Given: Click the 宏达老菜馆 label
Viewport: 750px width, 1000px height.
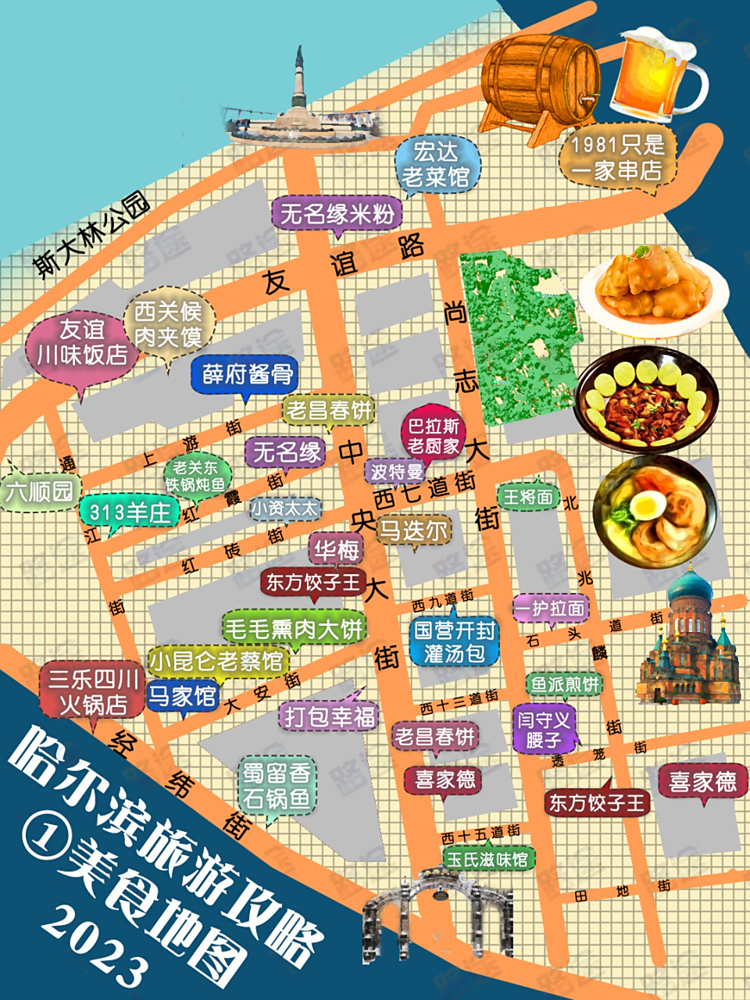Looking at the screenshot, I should coord(436,164).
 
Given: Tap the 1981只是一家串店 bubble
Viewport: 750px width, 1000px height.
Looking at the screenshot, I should coord(617,158).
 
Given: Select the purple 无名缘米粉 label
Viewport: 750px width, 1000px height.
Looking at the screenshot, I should coord(337,213).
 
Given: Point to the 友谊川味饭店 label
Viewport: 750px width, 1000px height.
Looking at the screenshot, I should coord(82,342).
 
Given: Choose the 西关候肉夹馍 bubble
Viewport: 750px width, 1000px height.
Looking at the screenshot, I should coord(168,324).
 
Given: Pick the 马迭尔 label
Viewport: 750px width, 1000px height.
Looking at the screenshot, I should coord(413,530).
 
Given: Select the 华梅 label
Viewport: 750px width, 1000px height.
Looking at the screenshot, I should coord(337,550).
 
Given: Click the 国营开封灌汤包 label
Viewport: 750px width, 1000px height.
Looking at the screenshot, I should coord(455,641).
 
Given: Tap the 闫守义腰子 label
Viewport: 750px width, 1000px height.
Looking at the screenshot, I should coord(544,729).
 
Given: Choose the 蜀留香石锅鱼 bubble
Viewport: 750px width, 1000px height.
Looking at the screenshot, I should coord(277,786).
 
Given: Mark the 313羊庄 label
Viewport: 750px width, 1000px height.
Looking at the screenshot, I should coord(129,512).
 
